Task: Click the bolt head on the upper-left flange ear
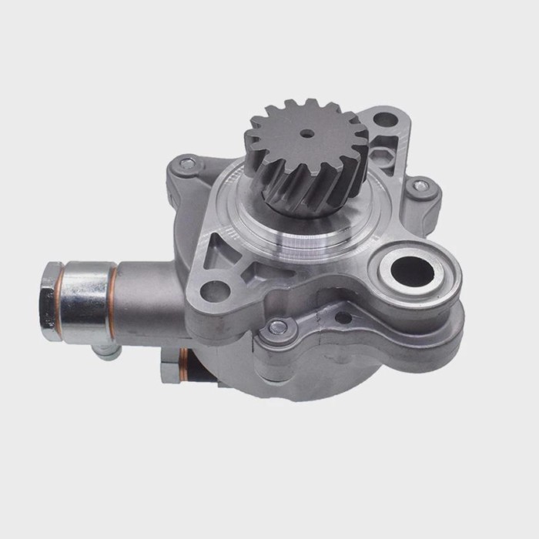[x=187, y=163]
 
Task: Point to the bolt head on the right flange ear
[x=420, y=186]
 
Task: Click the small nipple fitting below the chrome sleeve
[x=109, y=350]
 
